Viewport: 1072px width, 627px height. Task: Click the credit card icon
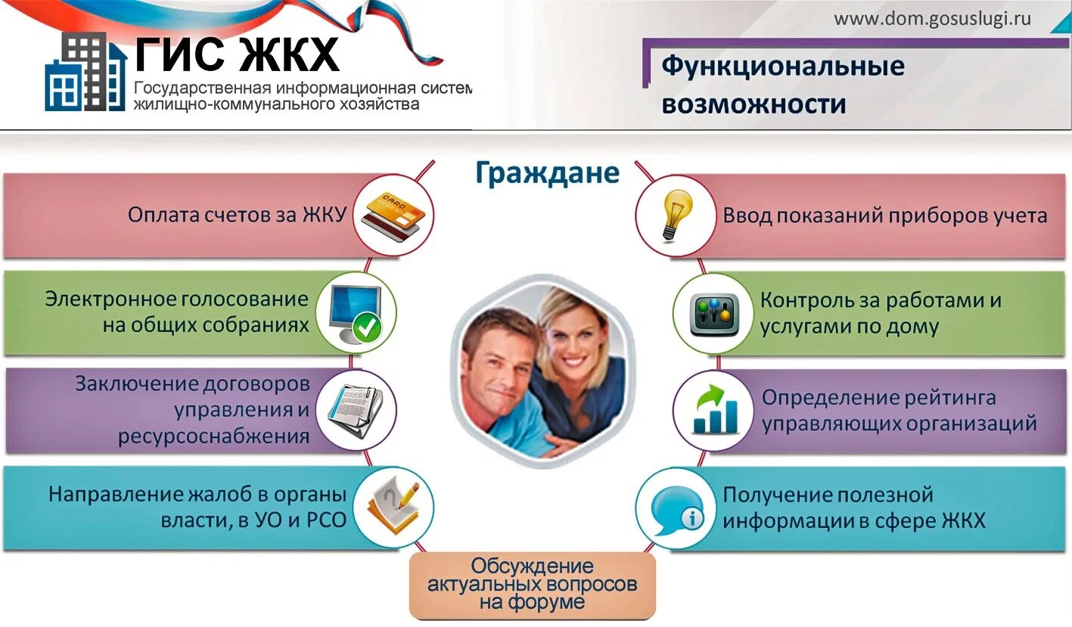tap(392, 213)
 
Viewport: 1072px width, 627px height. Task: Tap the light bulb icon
tap(676, 214)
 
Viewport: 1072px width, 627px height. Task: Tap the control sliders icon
tap(713, 313)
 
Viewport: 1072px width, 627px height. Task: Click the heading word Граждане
tap(547, 173)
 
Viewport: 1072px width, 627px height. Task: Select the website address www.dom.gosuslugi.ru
tap(932, 19)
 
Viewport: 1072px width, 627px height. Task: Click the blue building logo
tap(85, 74)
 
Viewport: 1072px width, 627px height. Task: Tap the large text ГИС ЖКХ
tap(237, 54)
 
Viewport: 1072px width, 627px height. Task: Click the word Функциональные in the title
tap(783, 66)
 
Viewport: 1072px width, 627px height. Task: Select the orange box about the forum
tap(532, 585)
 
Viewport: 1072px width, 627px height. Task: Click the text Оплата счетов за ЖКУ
tap(236, 215)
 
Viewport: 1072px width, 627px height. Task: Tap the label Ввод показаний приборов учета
tap(884, 216)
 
